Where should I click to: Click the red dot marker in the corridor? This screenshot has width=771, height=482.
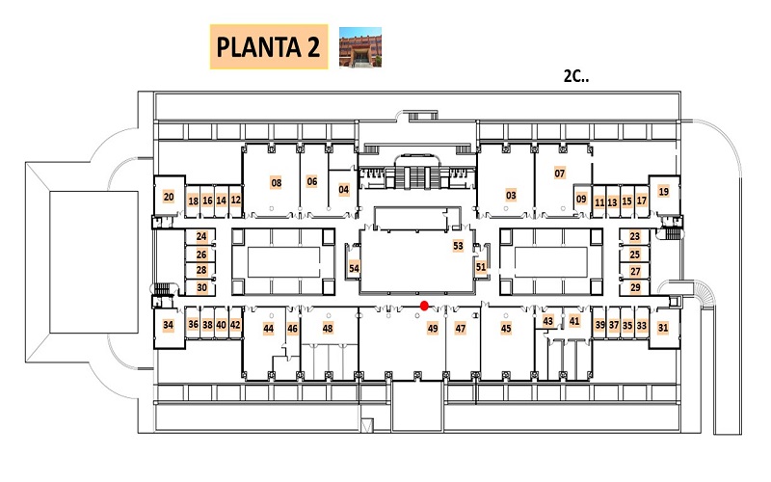(424, 306)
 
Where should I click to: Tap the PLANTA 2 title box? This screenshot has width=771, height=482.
(269, 46)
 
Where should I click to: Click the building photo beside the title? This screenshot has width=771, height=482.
(360, 46)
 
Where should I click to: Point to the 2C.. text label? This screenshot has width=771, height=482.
(575, 76)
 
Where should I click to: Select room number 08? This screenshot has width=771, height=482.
(277, 183)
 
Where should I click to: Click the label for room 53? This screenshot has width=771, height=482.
(459, 246)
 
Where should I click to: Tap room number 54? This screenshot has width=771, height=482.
(354, 268)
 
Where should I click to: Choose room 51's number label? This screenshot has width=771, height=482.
(481, 267)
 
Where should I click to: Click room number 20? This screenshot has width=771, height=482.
(169, 197)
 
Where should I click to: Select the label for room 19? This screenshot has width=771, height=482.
(664, 191)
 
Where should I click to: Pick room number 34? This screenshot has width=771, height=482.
(168, 325)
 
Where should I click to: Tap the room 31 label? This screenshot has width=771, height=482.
(663, 328)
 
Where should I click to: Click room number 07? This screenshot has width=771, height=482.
(560, 174)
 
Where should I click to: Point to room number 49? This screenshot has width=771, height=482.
(433, 328)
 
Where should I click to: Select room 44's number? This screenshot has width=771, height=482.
(269, 328)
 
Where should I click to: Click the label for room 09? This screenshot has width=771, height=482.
(582, 199)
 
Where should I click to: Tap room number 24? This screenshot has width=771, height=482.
(201, 236)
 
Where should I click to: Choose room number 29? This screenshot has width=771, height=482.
(635, 287)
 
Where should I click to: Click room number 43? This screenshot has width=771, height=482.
(547, 321)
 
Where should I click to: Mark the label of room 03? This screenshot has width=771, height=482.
(512, 196)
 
